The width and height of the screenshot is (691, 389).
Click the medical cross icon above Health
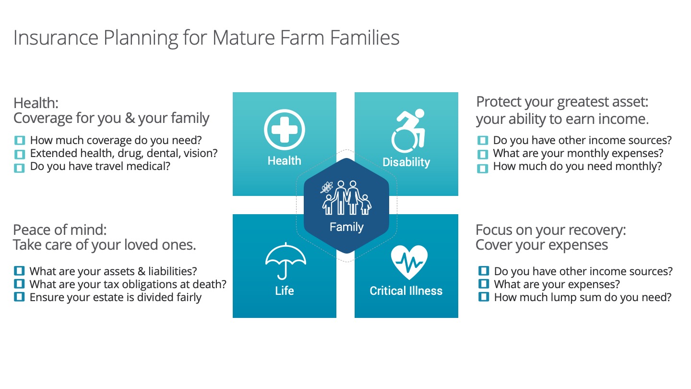point(284,130)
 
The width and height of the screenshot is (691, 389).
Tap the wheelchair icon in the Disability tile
point(408,131)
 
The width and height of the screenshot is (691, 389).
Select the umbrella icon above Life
point(286,261)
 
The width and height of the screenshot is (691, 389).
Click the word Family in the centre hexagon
point(346,227)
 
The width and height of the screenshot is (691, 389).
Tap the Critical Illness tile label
point(406,291)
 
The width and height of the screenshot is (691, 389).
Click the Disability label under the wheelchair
point(406,162)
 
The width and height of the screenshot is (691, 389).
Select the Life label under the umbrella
point(285,291)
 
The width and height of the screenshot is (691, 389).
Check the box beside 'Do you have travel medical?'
point(19,168)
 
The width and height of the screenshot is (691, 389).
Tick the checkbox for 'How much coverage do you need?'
point(19,140)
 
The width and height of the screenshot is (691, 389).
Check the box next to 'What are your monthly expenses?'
point(482,154)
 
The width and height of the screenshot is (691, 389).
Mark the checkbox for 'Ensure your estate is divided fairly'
point(19,297)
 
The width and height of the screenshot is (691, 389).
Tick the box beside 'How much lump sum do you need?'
point(483,297)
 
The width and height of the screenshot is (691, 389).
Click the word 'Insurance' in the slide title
point(56,37)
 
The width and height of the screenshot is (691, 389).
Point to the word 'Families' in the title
point(365,37)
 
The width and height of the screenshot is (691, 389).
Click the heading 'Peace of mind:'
point(60,230)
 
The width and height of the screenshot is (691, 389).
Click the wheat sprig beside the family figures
point(327,187)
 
